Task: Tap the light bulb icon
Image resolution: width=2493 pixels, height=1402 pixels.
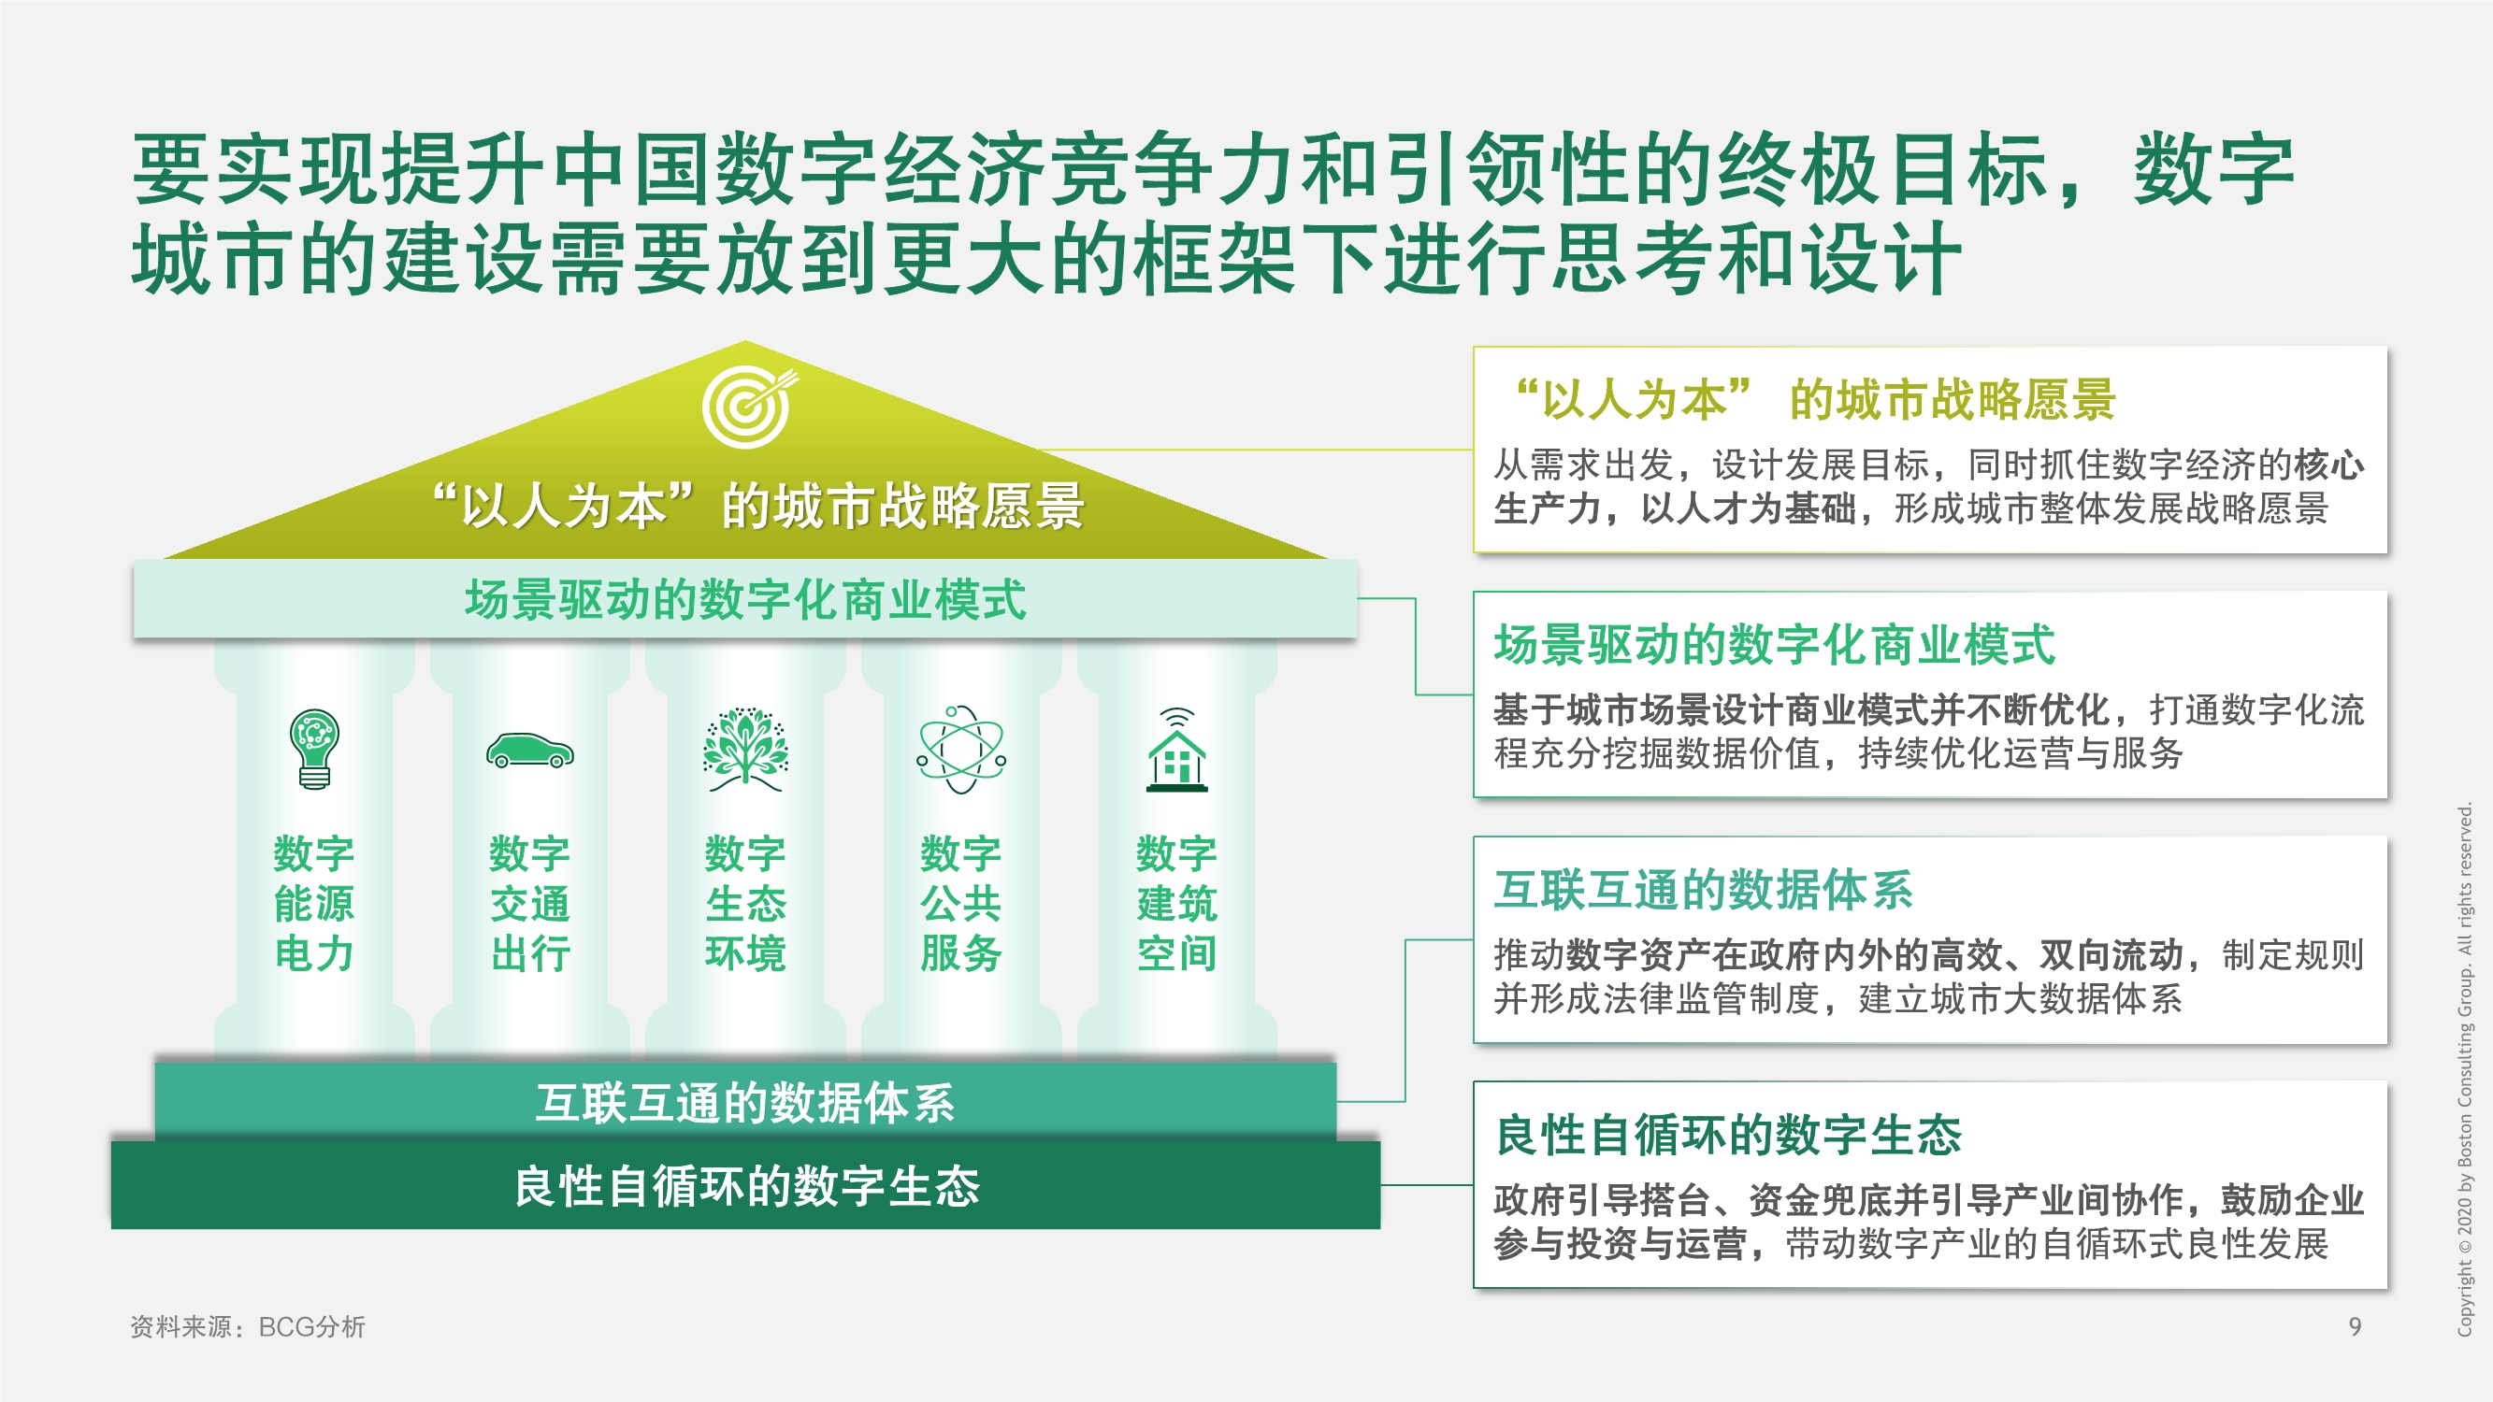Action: click(x=314, y=748)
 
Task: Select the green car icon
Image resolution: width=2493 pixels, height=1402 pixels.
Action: click(x=529, y=751)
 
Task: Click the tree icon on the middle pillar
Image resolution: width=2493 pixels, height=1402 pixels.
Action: click(x=745, y=750)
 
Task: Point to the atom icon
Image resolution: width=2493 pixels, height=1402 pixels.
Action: click(x=961, y=750)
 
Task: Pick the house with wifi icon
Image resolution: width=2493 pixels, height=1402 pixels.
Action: click(x=1176, y=750)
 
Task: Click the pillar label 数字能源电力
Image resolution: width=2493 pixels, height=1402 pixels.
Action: click(x=314, y=903)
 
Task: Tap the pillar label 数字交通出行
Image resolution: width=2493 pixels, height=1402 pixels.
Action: click(x=529, y=903)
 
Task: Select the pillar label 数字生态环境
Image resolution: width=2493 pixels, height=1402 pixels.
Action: click(x=745, y=903)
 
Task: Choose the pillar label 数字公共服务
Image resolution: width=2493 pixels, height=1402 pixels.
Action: click(x=961, y=903)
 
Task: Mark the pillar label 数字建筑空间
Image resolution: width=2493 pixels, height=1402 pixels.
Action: click(x=1176, y=903)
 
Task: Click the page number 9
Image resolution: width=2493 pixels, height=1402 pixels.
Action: click(x=2355, y=1325)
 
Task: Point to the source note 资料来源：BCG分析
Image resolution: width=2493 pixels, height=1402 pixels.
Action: click(x=248, y=1325)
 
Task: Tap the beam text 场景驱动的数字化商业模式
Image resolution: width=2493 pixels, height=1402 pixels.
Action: click(x=745, y=599)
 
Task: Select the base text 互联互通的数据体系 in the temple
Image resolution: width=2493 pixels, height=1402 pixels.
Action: click(x=745, y=1102)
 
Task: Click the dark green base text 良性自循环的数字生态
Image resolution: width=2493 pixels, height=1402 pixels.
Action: click(x=746, y=1185)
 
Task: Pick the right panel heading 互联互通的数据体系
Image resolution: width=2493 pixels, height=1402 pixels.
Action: click(x=1702, y=889)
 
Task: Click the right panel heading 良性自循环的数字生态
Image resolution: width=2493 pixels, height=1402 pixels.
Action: click(x=1727, y=1134)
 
